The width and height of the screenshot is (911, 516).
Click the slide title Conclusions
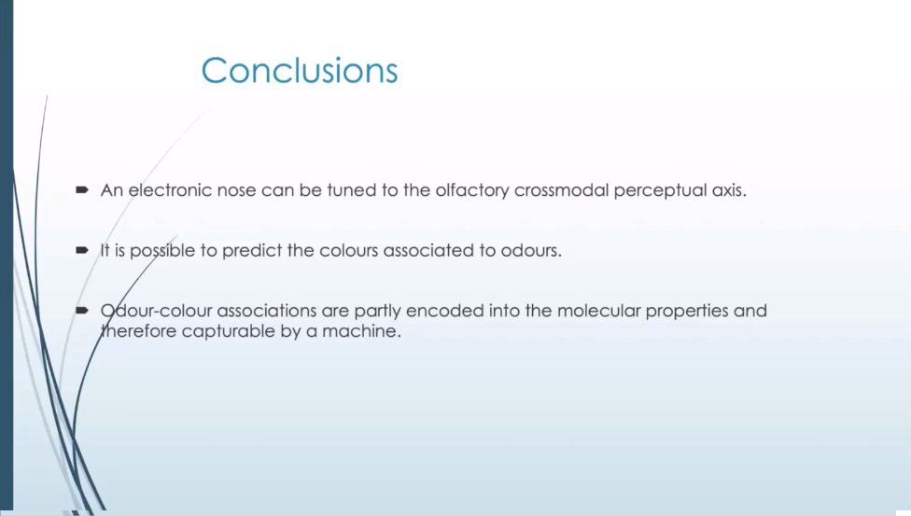299,71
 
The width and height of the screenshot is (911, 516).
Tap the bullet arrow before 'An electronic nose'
81,189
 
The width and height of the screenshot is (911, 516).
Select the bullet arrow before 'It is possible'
81,251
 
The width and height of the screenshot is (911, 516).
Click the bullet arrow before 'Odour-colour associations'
81,309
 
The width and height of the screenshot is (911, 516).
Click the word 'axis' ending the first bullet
730,190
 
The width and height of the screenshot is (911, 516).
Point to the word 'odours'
531,252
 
